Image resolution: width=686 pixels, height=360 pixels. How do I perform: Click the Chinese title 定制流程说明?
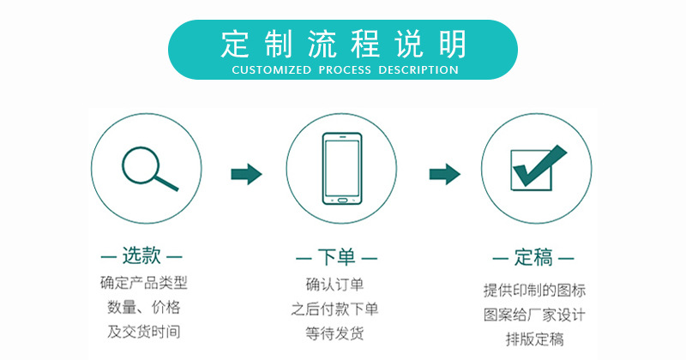pos(343,42)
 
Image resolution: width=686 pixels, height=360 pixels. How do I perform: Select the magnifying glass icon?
pos(148,168)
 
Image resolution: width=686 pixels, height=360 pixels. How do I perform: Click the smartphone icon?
pos(341,169)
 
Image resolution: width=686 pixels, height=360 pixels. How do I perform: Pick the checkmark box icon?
pos(537,168)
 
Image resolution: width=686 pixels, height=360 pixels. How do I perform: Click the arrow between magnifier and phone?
pos(246,174)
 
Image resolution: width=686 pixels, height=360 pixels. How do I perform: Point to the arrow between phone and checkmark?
pos(442,174)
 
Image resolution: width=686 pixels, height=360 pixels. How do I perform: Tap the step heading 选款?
pos(142,255)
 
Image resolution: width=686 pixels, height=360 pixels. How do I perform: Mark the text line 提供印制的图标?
pos(535,290)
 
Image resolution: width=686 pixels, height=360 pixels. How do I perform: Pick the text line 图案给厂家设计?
pos(535,313)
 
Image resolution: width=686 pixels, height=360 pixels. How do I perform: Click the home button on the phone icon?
pos(341,201)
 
